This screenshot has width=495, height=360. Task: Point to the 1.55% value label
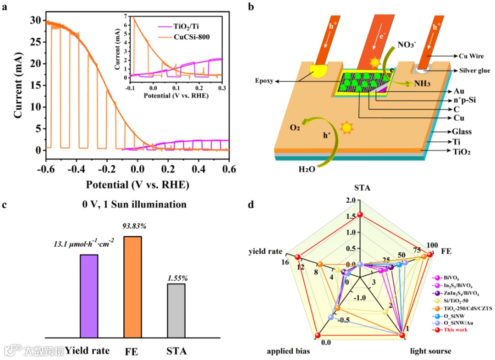pyautogui.click(x=176, y=277)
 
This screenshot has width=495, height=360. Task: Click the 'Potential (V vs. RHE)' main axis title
pyautogui.click(x=137, y=185)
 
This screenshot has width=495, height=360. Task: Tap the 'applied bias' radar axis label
pyautogui.click(x=288, y=351)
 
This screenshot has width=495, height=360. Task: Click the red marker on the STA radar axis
pyautogui.click(x=360, y=215)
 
